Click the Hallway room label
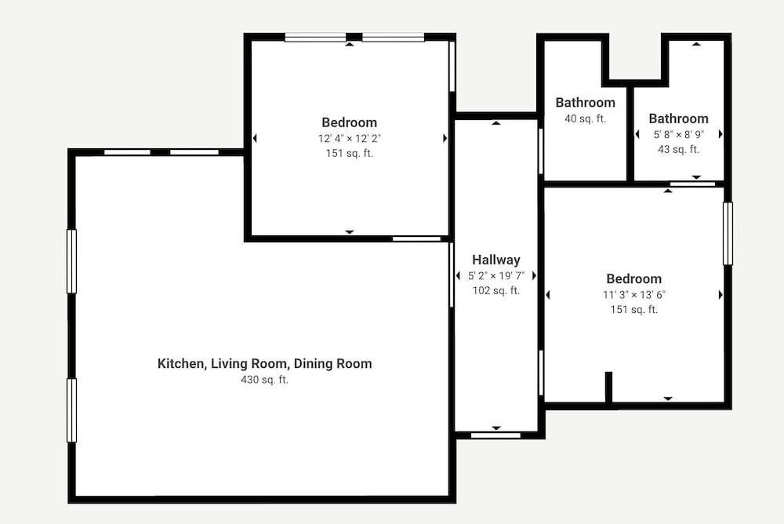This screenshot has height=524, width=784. point(496,260)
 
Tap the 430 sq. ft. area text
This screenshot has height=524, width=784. point(264,380)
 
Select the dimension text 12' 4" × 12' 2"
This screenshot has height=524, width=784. point(350,138)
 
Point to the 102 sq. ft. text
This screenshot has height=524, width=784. point(496,290)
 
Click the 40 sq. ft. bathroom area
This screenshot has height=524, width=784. point(585,118)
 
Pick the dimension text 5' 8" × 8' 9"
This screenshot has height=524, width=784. point(678,134)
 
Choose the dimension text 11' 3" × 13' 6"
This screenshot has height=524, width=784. point(634,295)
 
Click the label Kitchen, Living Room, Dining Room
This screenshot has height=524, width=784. point(264,363)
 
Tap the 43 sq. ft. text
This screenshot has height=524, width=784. point(678,149)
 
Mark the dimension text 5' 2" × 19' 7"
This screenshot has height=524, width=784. point(496,276)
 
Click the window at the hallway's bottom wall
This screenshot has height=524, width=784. point(495,435)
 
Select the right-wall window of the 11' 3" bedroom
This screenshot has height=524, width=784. point(728,233)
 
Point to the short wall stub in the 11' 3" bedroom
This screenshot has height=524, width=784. point(608,387)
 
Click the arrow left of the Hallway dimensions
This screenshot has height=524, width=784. point(458,276)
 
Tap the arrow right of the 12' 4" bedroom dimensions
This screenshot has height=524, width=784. point(445,138)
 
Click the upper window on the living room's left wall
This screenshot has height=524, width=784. point(71,261)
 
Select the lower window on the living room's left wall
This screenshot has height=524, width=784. point(71,410)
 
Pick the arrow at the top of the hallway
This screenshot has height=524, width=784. point(496,122)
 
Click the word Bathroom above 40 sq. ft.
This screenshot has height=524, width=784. point(585,103)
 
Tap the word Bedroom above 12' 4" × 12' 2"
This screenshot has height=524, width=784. point(350,122)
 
